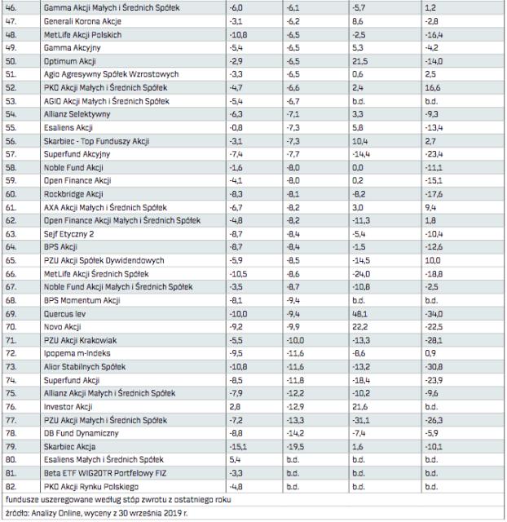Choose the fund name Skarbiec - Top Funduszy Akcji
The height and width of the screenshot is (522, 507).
click(98, 140)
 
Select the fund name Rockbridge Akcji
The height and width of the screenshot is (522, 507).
click(73, 194)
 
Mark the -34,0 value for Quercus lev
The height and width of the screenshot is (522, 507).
click(434, 311)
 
